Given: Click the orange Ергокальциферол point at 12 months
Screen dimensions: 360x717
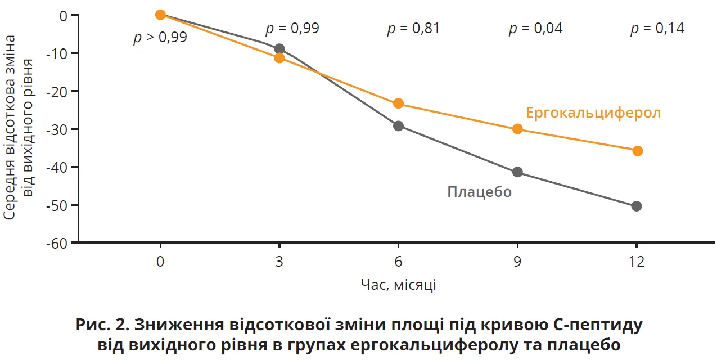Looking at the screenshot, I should click(637, 151).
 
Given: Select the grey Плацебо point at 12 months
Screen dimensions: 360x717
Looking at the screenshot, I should click(637, 206).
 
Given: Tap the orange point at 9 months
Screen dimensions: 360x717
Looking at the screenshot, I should click(517, 129).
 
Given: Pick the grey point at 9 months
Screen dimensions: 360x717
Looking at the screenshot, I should click(517, 172).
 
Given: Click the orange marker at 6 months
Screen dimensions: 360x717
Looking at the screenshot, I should click(398, 103).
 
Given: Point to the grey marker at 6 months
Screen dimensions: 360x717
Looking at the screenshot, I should click(398, 125).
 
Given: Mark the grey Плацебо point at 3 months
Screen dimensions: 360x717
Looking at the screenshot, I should click(279, 48).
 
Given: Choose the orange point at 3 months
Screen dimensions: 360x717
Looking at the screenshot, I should click(279, 58).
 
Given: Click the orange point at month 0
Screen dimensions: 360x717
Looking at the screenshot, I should click(160, 15).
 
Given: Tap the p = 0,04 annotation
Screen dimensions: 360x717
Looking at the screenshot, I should click(535, 28).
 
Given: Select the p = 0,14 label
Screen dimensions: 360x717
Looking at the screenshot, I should click(657, 28).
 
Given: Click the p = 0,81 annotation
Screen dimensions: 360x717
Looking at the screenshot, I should click(413, 28).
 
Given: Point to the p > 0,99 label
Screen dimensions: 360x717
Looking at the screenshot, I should click(160, 38).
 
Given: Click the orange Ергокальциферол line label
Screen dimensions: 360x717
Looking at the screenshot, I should click(593, 112).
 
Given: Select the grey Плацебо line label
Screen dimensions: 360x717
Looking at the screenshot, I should click(479, 192).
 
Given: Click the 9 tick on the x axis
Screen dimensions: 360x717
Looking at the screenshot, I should click(517, 262).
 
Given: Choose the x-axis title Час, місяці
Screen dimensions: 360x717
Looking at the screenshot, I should click(398, 285).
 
